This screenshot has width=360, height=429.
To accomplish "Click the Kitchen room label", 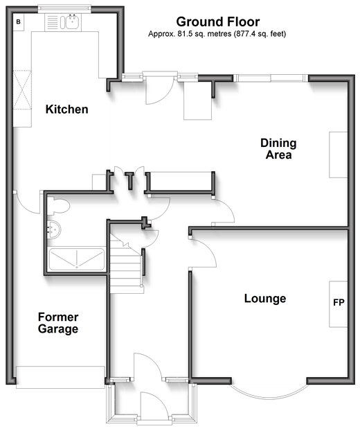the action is (x=66, y=110).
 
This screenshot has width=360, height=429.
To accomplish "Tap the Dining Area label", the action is (x=278, y=149).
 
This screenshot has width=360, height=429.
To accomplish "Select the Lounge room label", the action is (x=265, y=298).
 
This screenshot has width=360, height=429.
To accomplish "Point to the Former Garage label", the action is (x=58, y=323).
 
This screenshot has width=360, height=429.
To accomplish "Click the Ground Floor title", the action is (x=218, y=21).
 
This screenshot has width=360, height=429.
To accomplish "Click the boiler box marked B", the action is (x=19, y=21).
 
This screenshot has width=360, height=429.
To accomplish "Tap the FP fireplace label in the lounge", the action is (x=339, y=302).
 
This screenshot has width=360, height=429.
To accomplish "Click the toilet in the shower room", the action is (x=58, y=206).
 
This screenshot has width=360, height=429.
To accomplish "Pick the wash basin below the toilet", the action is (x=54, y=229).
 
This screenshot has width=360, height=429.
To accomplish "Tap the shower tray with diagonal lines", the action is (x=77, y=259).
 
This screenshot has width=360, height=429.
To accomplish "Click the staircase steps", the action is (x=127, y=263).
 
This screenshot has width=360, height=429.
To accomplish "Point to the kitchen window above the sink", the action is (x=64, y=9).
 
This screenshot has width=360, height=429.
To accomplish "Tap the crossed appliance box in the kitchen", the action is (x=22, y=89).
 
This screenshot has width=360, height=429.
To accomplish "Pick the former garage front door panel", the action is (x=60, y=377).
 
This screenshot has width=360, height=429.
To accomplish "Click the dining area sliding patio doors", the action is (x=271, y=78).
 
